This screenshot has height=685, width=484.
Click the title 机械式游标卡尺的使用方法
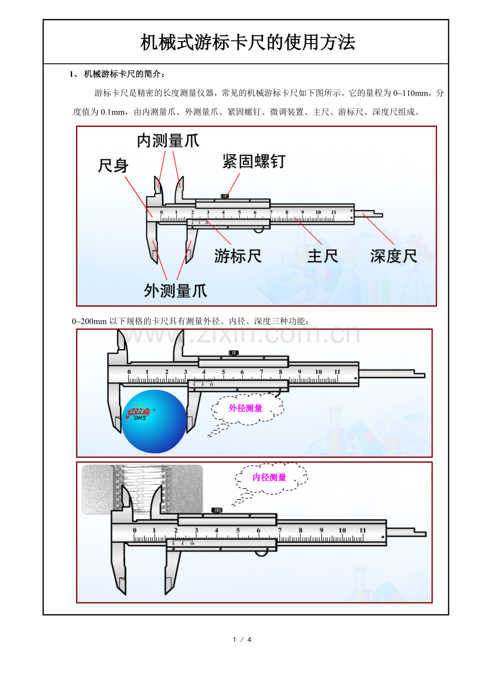[x=248, y=43]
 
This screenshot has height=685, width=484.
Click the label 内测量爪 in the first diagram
[x=168, y=140]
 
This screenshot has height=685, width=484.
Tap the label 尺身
[x=113, y=166]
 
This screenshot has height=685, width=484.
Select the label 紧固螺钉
[x=254, y=161]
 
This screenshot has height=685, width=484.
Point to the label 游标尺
[x=238, y=256]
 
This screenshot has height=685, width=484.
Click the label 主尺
[x=322, y=256]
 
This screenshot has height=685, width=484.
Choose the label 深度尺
[x=394, y=256]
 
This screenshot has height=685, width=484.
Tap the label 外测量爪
[x=175, y=290]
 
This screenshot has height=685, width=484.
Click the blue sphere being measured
[x=154, y=422]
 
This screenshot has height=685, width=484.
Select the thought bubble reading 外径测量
[x=246, y=408]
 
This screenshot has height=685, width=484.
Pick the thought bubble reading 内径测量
[x=269, y=478]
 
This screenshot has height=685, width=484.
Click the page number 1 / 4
[x=243, y=639]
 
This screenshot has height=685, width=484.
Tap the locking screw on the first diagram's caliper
[x=225, y=196]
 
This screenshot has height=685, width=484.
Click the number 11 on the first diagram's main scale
[x=334, y=213]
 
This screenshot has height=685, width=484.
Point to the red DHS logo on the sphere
[x=139, y=413]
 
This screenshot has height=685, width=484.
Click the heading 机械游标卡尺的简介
[x=124, y=74]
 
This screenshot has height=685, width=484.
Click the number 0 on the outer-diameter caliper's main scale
[x=129, y=372]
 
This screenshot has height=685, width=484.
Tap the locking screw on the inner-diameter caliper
[x=216, y=510]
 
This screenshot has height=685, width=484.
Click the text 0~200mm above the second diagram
[x=89, y=321]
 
